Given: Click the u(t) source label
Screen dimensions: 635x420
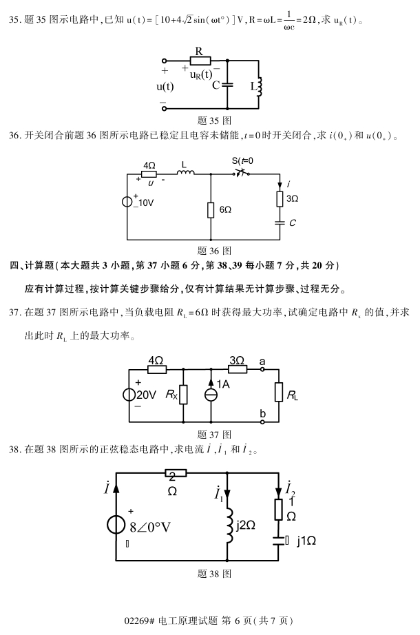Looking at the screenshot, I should (x=165, y=87).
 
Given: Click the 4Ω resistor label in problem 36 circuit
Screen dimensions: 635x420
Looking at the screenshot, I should (x=149, y=165).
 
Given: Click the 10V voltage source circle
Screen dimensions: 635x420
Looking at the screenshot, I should (x=128, y=202).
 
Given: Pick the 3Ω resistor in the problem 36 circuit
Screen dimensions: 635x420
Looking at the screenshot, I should (x=280, y=199).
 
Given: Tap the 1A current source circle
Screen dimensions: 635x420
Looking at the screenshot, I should (x=210, y=395).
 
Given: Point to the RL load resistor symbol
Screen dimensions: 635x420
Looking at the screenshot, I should (x=279, y=392).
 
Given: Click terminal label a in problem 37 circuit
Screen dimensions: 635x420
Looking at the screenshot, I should (x=262, y=360).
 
